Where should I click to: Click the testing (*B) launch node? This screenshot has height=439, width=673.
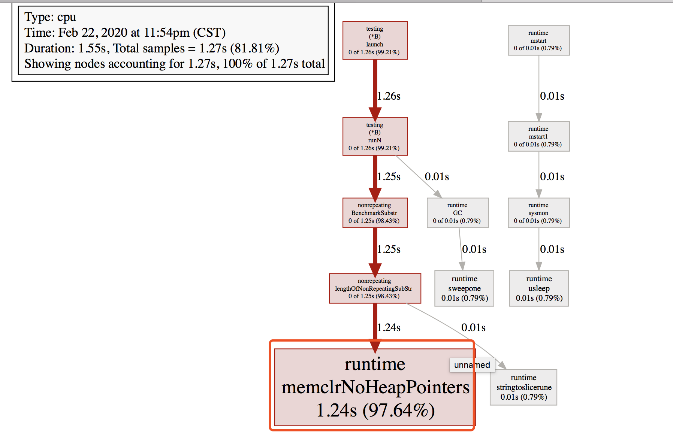pyautogui.click(x=375, y=40)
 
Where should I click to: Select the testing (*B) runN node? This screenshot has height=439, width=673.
pyautogui.click(x=375, y=136)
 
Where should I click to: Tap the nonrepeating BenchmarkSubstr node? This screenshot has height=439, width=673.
pyautogui.click(x=375, y=213)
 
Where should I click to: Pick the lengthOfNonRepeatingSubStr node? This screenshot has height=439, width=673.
pyautogui.click(x=375, y=288)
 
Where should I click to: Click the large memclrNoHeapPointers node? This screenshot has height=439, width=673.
pyautogui.click(x=375, y=387)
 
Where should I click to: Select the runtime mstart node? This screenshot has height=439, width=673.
pyautogui.click(x=538, y=40)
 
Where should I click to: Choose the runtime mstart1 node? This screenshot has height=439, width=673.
pyautogui.click(x=538, y=136)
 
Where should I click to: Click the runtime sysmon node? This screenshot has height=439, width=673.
pyautogui.click(x=538, y=213)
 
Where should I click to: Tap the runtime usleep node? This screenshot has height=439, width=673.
pyautogui.click(x=539, y=288)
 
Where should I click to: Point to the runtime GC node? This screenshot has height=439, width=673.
pyautogui.click(x=458, y=213)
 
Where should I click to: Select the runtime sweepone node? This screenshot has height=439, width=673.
pyautogui.click(x=464, y=288)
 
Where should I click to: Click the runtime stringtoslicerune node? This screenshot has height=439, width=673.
pyautogui.click(x=523, y=387)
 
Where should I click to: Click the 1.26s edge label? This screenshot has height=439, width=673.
pyautogui.click(x=389, y=96)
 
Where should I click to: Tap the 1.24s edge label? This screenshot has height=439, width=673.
pyautogui.click(x=389, y=328)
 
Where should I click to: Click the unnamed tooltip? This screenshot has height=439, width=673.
pyautogui.click(x=472, y=365)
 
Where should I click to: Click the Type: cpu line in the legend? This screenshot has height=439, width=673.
pyautogui.click(x=50, y=17)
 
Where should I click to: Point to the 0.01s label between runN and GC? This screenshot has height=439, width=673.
pyautogui.click(x=437, y=177)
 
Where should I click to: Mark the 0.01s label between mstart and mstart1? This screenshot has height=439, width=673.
pyautogui.click(x=552, y=96)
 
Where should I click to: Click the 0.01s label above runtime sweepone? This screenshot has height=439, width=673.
pyautogui.click(x=474, y=249)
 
